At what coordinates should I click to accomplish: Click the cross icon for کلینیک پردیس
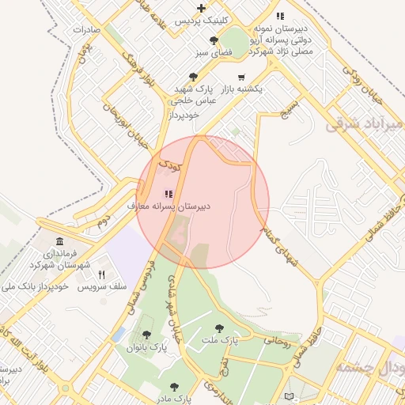[x=202, y=8]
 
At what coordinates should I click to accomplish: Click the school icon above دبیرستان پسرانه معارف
[x=168, y=194]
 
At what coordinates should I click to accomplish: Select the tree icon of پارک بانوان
[x=145, y=335]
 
